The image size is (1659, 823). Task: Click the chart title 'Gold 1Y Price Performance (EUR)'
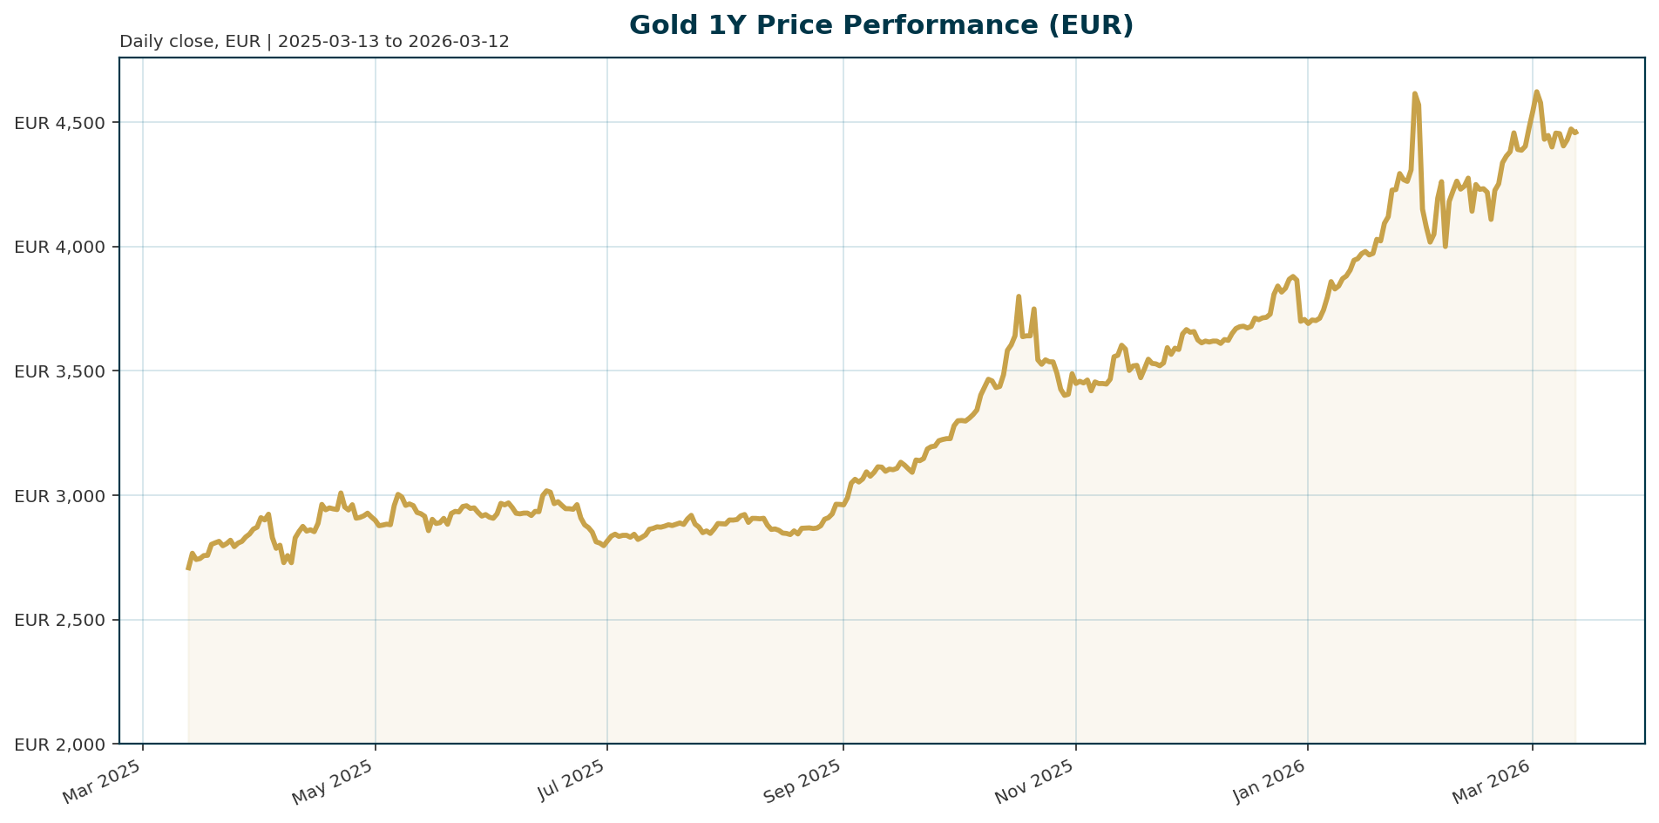click(x=881, y=25)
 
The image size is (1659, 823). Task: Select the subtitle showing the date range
click(x=314, y=42)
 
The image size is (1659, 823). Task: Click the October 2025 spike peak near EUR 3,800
click(x=1019, y=296)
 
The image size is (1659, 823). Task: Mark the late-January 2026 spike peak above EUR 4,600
click(x=1414, y=93)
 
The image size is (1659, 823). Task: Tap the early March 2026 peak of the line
click(x=1536, y=92)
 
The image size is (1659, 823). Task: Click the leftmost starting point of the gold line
click(x=188, y=568)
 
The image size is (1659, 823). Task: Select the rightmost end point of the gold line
click(x=1576, y=133)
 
